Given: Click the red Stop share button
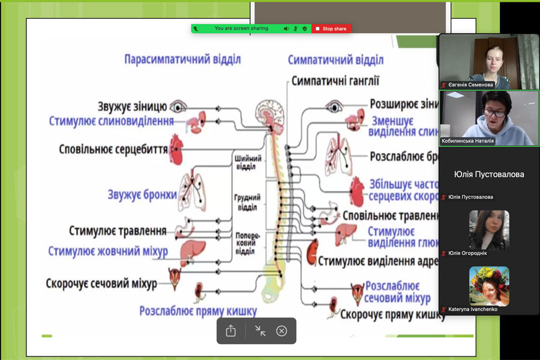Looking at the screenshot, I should pyautogui.click(x=331, y=29).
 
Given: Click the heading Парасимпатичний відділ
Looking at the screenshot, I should pyautogui.click(x=182, y=59).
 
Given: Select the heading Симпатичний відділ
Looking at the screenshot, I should pyautogui.click(x=335, y=60).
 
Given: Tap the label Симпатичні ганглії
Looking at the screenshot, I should pyautogui.click(x=335, y=81).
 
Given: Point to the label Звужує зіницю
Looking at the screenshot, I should pyautogui.click(x=132, y=107).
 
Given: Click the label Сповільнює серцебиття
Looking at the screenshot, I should pyautogui.click(x=113, y=148).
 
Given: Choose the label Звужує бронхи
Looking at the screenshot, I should pyautogui.click(x=142, y=194).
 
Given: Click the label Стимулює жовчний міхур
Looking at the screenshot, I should pyautogui.click(x=108, y=250).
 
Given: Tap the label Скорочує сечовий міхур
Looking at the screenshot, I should pyautogui.click(x=101, y=283).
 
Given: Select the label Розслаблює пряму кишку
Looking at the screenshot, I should pyautogui.click(x=198, y=311).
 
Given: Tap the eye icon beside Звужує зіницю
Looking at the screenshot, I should pyautogui.click(x=178, y=107).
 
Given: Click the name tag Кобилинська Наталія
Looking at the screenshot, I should pyautogui.click(x=468, y=141).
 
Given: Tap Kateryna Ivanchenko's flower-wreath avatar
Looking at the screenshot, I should pyautogui.click(x=489, y=286).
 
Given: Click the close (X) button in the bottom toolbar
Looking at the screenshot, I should pyautogui.click(x=281, y=331).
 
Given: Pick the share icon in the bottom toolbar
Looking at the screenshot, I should pyautogui.click(x=231, y=331).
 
